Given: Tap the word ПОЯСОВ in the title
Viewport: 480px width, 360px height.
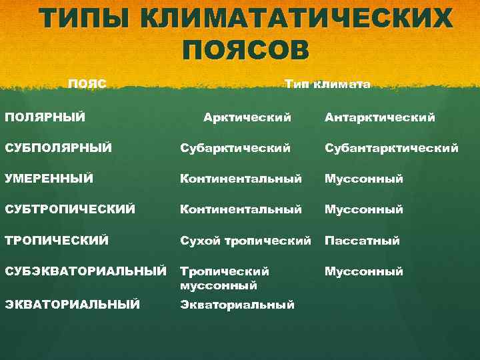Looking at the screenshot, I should (x=245, y=50).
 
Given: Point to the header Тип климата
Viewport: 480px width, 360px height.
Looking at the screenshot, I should (x=327, y=85).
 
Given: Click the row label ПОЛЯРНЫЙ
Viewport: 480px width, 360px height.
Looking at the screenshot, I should (x=45, y=117).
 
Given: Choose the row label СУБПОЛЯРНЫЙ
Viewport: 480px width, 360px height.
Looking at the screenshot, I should (x=59, y=147).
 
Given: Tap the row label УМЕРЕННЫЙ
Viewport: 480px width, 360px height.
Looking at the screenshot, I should (x=49, y=178).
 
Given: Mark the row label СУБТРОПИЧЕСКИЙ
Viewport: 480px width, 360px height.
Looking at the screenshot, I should (x=70, y=209).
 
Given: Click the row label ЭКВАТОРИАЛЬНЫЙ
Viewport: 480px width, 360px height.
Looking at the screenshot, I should (x=73, y=305).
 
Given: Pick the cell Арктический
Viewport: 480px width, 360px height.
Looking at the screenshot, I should (x=247, y=117).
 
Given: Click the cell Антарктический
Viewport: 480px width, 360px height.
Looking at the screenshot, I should (x=380, y=117).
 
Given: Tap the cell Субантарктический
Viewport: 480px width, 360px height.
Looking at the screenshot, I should (x=391, y=148).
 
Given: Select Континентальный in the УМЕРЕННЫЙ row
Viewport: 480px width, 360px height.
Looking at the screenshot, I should (x=241, y=179).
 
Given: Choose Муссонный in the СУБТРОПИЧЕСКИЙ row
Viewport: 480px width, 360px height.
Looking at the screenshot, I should (x=364, y=209).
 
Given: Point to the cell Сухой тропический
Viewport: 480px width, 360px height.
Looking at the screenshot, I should (x=245, y=241).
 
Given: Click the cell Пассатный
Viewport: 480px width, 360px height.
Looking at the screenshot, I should (x=362, y=241).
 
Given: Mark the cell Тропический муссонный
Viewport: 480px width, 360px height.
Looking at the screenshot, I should (x=225, y=278).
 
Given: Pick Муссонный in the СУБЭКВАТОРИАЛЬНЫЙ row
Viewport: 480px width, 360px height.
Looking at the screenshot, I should (x=364, y=271).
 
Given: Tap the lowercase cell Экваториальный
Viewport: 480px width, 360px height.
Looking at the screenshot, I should (x=237, y=305).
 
